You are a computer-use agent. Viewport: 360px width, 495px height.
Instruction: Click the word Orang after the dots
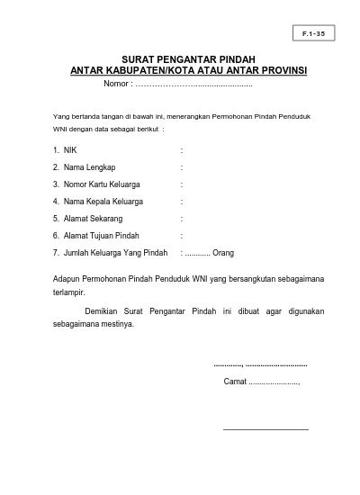point(222,252)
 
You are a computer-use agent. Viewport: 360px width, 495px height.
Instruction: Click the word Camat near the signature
point(233,382)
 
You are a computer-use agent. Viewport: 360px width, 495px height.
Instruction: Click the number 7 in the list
point(56,252)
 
